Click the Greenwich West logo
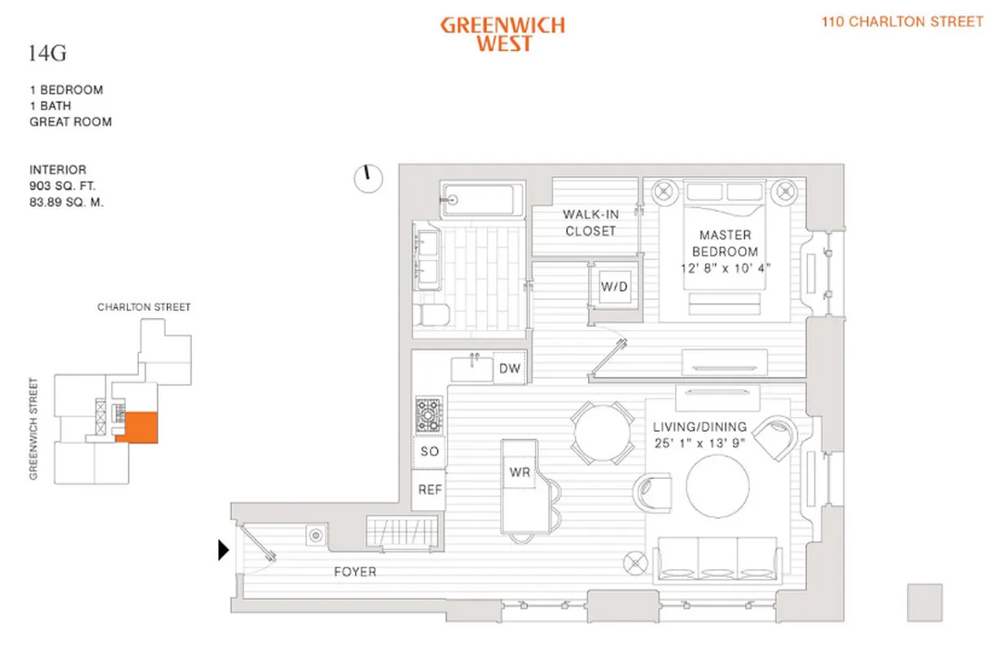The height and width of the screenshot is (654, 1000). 502,34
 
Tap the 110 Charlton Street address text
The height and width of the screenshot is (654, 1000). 902,22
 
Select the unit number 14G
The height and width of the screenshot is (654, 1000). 47,55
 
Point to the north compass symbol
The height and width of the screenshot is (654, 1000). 368,177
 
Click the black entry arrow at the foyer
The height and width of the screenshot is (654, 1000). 223,551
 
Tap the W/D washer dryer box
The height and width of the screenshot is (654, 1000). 614,287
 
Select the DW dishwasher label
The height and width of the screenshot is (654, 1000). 510,369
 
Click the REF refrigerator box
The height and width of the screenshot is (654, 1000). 430,490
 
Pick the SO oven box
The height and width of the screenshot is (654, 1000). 430,451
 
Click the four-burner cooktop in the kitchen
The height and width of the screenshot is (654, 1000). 429,415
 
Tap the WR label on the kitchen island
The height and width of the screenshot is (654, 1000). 520,473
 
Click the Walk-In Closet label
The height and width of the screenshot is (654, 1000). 590,222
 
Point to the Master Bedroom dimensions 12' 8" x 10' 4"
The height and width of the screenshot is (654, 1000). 725,267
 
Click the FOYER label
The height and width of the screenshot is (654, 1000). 354,572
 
